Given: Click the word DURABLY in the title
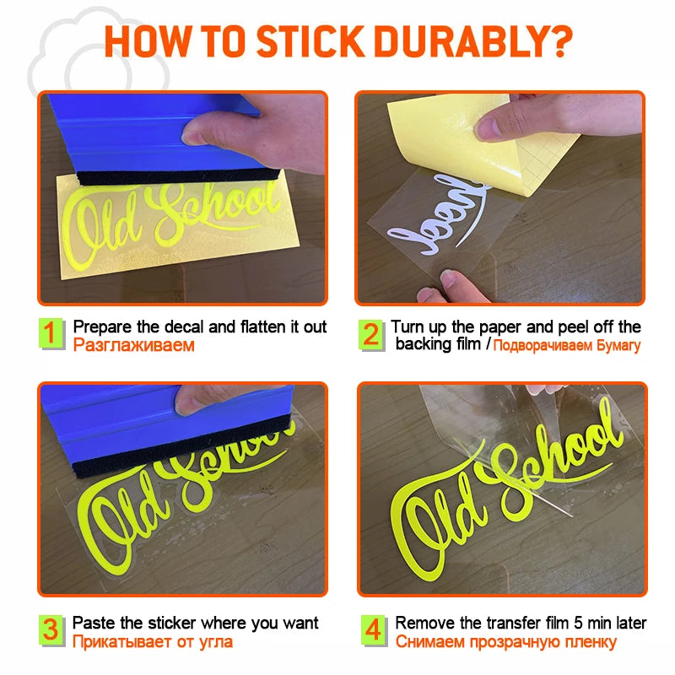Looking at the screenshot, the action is point(460,41).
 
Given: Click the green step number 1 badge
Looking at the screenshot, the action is point(51,333).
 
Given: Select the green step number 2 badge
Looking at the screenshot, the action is point(371,335).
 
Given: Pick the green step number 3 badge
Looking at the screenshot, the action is point(51,630).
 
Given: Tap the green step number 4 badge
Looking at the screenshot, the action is point(373,630).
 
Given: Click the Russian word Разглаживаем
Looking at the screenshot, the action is point(134,345).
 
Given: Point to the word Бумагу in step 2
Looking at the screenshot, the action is point(618,346).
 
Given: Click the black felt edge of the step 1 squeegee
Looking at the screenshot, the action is point(178,176).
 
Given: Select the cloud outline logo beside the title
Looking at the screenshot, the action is point(98,54).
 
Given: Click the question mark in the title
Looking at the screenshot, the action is point(560,41).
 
